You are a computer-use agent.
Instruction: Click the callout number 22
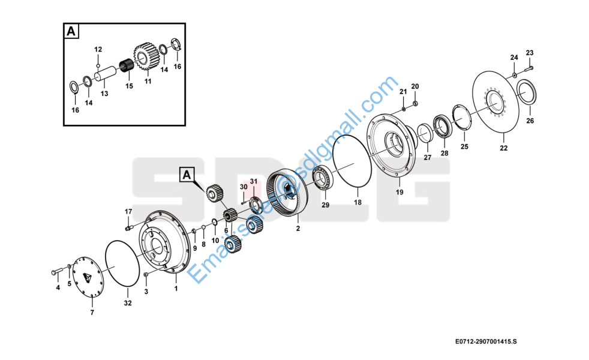point(503,148)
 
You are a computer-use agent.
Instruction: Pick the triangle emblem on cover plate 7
point(88,277)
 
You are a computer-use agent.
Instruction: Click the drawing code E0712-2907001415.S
point(486,341)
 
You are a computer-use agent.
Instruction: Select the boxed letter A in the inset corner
point(71,32)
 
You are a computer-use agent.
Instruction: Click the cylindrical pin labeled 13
point(107,77)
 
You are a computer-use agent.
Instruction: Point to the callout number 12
point(98,49)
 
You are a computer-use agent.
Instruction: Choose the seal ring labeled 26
point(526,96)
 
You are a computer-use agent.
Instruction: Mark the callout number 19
point(399,192)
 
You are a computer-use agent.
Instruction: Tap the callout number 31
point(253,181)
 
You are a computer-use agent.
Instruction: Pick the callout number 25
point(464,146)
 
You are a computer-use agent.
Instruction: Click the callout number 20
point(415,86)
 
